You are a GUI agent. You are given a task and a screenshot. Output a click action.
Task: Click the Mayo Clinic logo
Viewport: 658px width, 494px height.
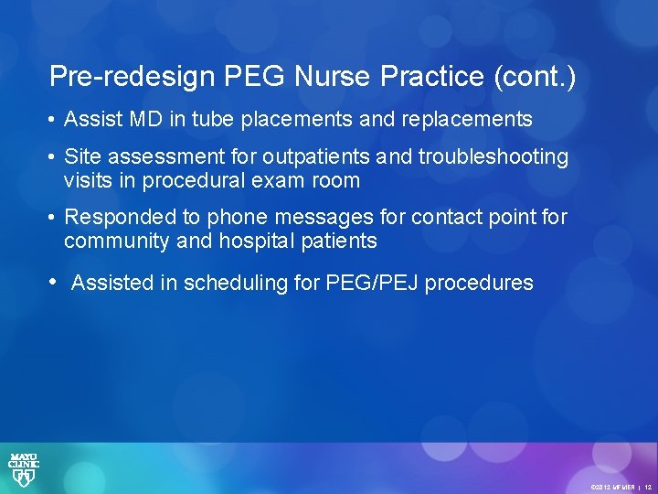click(24, 468)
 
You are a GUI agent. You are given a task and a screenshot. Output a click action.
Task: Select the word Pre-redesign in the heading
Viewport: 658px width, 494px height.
click(122, 77)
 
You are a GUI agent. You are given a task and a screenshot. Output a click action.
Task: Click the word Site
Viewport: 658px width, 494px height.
click(83, 157)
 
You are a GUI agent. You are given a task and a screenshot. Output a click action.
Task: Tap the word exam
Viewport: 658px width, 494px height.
click(276, 181)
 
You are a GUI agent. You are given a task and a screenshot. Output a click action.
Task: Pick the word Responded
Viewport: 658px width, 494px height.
click(120, 218)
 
